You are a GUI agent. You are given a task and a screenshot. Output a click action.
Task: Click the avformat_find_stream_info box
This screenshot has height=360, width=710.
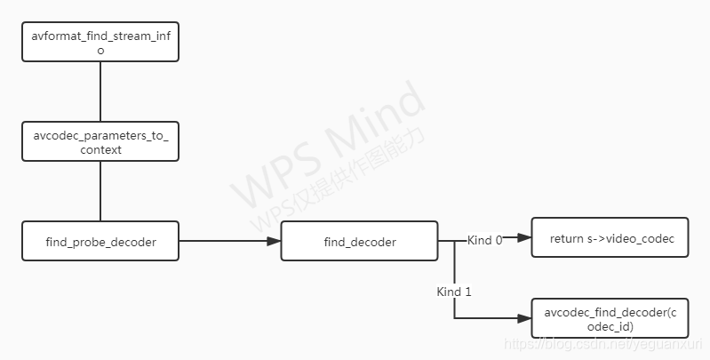[x=100, y=43]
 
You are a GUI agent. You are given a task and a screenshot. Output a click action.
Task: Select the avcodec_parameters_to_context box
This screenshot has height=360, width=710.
[x=100, y=141]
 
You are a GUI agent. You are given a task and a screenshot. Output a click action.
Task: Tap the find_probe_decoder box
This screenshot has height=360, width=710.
[x=100, y=241]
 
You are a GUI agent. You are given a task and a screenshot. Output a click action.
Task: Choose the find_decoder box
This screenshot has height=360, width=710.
[x=359, y=241]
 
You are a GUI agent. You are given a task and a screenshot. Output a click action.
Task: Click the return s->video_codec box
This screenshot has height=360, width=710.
[x=610, y=237]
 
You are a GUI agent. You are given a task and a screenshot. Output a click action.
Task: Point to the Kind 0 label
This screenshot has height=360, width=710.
[x=485, y=240]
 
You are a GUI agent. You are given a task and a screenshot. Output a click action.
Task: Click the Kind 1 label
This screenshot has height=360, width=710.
[x=455, y=292]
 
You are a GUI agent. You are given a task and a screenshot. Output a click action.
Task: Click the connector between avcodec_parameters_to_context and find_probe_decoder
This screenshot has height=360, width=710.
[x=100, y=191]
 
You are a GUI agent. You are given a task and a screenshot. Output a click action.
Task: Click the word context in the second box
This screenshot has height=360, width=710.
[x=100, y=150]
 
